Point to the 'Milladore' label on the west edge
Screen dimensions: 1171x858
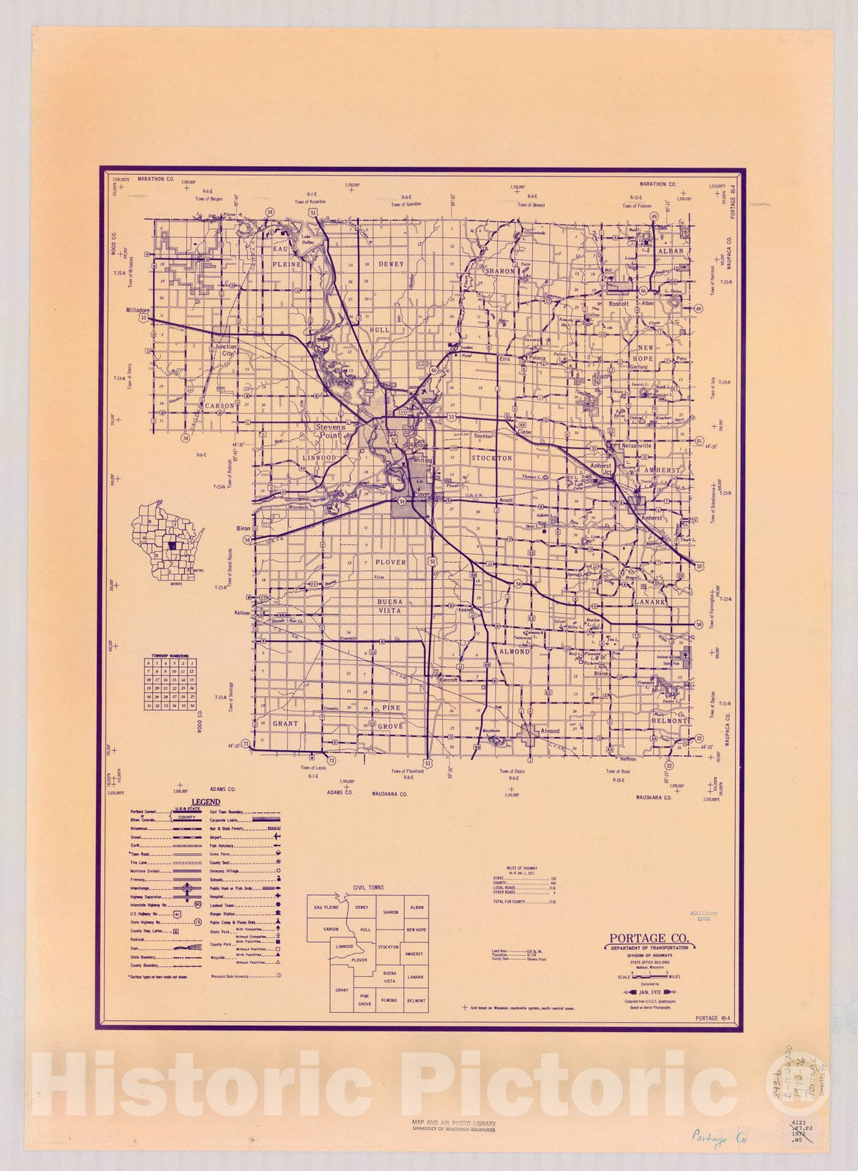138,310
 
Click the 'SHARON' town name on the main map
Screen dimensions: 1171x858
500,271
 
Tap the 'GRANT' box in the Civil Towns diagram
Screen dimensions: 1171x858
341,989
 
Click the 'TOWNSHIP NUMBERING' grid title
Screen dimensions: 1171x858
170,656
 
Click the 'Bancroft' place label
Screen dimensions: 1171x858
447,679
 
